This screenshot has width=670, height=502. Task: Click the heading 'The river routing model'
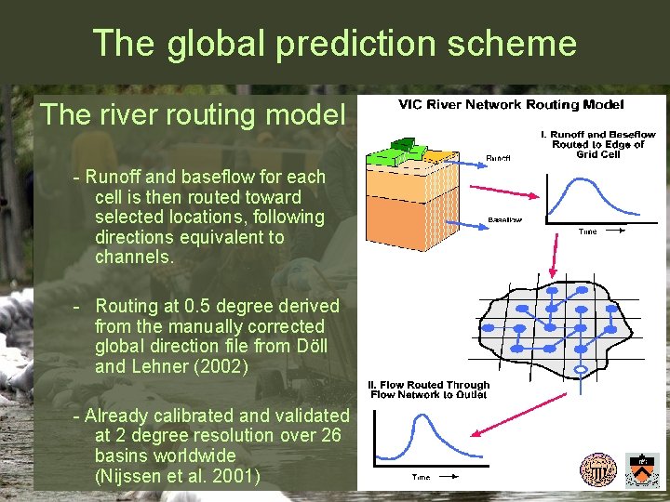point(193,114)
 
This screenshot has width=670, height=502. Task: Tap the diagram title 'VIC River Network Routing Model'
point(511,105)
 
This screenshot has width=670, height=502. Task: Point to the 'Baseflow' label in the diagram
point(504,220)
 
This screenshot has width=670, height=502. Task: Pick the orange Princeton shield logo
point(641,469)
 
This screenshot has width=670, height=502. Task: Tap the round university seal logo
point(597,469)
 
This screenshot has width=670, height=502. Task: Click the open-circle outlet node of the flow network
point(581,370)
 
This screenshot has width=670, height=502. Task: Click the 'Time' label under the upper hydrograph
point(587,231)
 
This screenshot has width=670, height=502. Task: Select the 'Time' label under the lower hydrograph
point(421,477)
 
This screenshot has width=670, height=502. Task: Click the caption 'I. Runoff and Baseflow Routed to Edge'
point(597,144)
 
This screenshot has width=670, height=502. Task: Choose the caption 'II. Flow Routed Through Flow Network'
point(429,390)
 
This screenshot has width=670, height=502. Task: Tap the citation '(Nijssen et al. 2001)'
point(177,477)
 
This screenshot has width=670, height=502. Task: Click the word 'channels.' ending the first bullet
point(134,258)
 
